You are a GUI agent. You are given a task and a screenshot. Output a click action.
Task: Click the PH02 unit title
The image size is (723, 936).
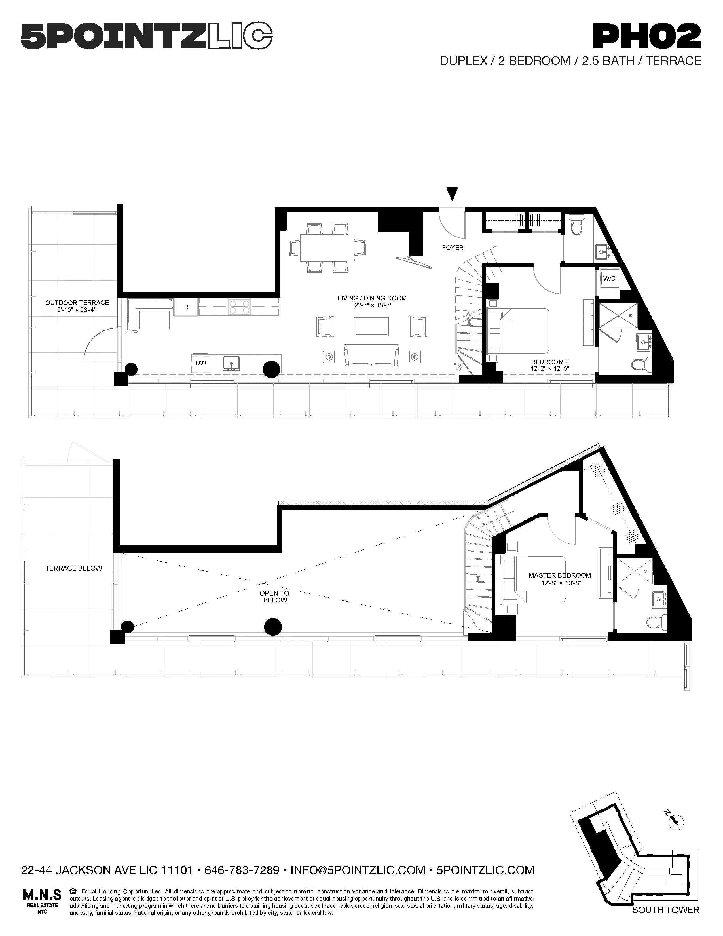[646, 37]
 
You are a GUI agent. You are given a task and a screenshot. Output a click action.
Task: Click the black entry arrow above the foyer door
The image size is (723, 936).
[452, 194]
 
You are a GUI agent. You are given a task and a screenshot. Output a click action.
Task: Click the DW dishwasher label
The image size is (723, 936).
[201, 363]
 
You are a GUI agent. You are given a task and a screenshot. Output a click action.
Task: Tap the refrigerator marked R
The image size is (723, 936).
[186, 307]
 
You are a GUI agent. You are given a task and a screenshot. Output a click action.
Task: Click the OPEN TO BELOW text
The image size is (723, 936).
[274, 596]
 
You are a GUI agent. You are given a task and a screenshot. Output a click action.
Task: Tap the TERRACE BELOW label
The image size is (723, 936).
[74, 568]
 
